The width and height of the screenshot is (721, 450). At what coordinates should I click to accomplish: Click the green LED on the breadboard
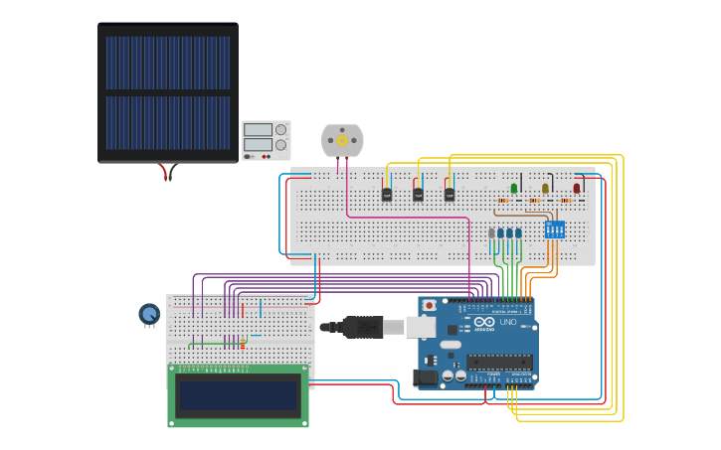pyautogui.click(x=514, y=188)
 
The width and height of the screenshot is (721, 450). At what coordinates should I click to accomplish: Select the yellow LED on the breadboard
pyautogui.click(x=545, y=188)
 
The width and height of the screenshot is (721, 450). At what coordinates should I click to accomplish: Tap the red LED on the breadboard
pyautogui.click(x=576, y=188)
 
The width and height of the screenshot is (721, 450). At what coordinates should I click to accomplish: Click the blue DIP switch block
pyautogui.click(x=554, y=229)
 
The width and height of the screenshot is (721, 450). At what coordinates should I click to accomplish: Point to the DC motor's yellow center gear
pyautogui.click(x=342, y=140)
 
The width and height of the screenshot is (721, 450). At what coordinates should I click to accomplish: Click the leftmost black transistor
pyautogui.click(x=387, y=195)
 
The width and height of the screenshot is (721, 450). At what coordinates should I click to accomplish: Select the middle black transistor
pyautogui.click(x=418, y=195)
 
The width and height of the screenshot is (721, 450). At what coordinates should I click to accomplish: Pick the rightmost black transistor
pyautogui.click(x=449, y=195)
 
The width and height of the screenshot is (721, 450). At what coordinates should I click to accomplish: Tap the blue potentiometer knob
pyautogui.click(x=149, y=314)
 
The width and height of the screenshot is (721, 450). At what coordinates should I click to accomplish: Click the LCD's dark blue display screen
pyautogui.click(x=238, y=395)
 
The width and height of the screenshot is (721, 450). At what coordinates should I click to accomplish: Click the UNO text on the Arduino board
pyautogui.click(x=508, y=322)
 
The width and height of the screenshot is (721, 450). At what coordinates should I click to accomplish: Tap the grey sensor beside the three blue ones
pyautogui.click(x=491, y=233)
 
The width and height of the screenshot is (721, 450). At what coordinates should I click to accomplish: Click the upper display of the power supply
pyautogui.click(x=259, y=130)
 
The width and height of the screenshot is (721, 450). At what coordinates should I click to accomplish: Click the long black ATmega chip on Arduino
pyautogui.click(x=499, y=362)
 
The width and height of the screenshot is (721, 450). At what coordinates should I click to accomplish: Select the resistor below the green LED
pyautogui.click(x=503, y=201)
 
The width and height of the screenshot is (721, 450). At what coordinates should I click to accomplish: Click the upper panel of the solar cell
pyautogui.click(x=168, y=63)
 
